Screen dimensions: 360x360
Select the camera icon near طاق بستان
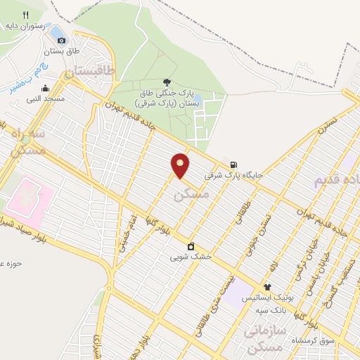(61, 40)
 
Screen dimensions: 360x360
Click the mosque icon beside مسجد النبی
(46, 89)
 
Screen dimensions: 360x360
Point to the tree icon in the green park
(167, 83)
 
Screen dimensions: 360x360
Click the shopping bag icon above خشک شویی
(191, 246)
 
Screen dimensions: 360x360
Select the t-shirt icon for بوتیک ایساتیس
(267, 287)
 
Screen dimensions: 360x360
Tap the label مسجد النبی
(46, 99)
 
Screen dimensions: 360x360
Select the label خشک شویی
(191, 257)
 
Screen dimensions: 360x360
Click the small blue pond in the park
(198, 98)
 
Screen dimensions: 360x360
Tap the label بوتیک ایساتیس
(267, 298)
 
